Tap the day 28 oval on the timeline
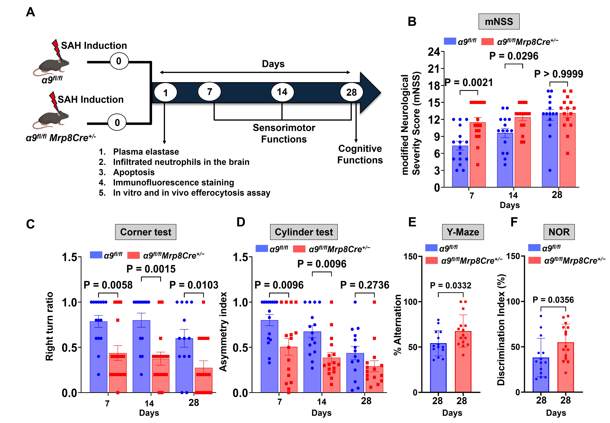pyautogui.click(x=351, y=92)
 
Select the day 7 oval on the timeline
pyautogui.click(x=209, y=92)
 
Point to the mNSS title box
pyautogui.click(x=499, y=21)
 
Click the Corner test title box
pyautogui.click(x=145, y=232)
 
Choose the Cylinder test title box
pyautogui.click(x=304, y=232)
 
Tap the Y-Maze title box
pyautogui.click(x=463, y=232)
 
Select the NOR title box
pyautogui.click(x=559, y=232)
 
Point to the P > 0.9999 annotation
pyautogui.click(x=558, y=74)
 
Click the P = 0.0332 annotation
pyautogui.click(x=450, y=285)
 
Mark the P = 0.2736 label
pyautogui.click(x=365, y=285)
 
